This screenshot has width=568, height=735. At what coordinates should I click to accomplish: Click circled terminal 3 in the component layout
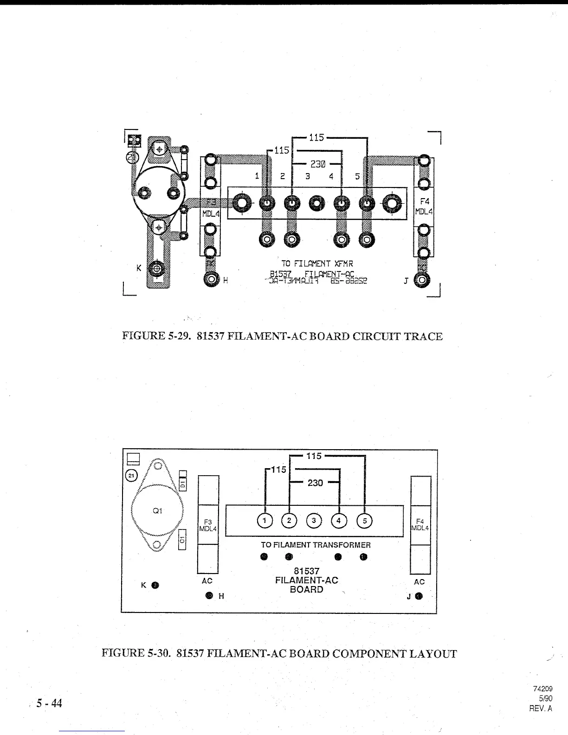click(314, 521)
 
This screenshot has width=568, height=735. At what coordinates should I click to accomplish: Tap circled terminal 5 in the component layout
click(365, 521)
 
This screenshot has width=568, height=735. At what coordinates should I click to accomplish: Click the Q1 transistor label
click(157, 511)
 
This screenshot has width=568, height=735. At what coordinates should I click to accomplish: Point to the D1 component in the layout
click(183, 484)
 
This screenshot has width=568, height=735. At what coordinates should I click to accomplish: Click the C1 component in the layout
click(183, 540)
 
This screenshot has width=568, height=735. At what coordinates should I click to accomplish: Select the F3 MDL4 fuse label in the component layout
click(207, 525)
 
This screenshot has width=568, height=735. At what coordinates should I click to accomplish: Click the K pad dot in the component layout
click(155, 585)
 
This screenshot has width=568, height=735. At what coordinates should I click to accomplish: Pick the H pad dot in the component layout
click(209, 595)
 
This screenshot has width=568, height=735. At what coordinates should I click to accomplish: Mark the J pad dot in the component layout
click(419, 596)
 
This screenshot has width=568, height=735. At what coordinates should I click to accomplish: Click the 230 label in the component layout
click(315, 483)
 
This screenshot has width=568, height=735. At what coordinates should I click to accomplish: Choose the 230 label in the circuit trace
click(318, 164)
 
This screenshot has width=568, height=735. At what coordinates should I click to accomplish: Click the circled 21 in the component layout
click(132, 476)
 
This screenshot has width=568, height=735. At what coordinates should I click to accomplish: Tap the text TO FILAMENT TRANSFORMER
click(316, 545)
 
